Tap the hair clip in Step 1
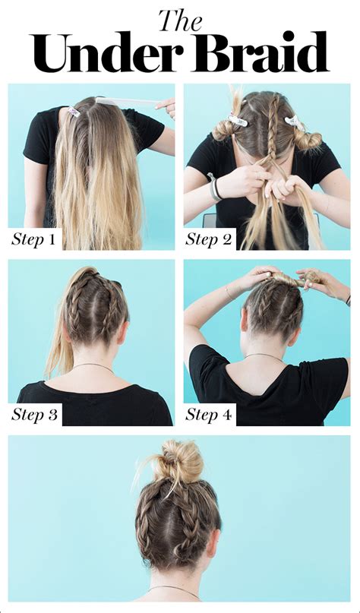click(x=74, y=112)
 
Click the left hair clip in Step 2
click(x=237, y=118)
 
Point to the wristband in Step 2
click(x=215, y=186)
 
